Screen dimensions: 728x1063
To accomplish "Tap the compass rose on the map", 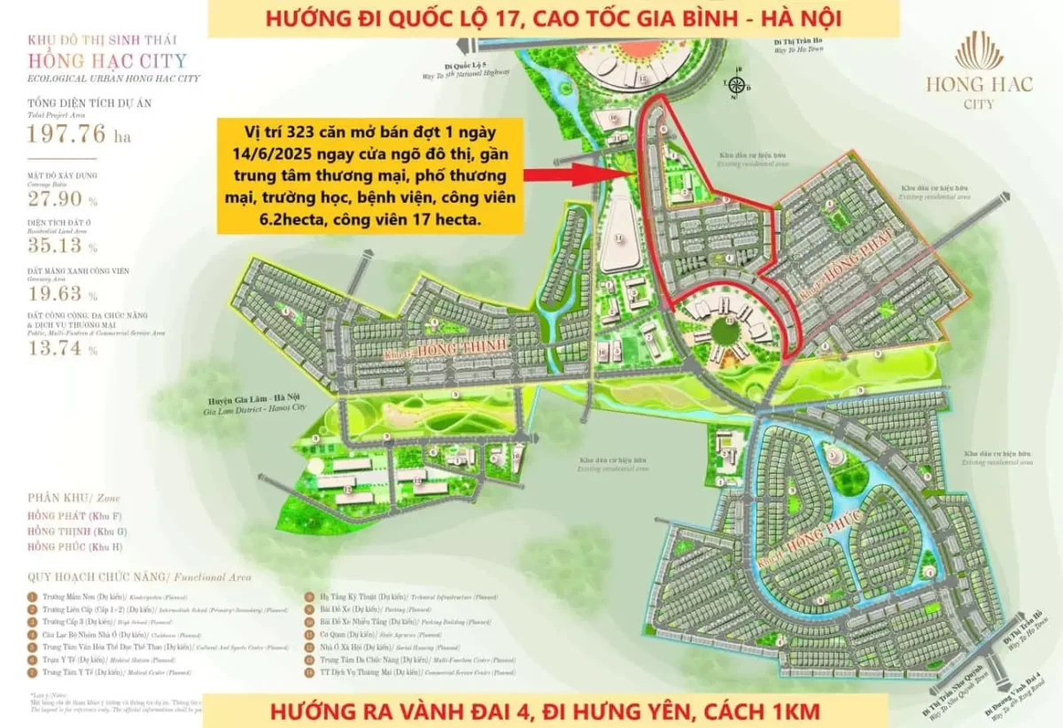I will pyautogui.click(x=737, y=85).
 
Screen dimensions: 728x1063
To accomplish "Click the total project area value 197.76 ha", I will pyautogui.click(x=81, y=135).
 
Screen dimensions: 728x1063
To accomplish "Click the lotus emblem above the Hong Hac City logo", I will pyautogui.click(x=979, y=50).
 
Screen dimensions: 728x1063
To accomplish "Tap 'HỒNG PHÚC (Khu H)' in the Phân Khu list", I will pyautogui.click(x=76, y=546).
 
